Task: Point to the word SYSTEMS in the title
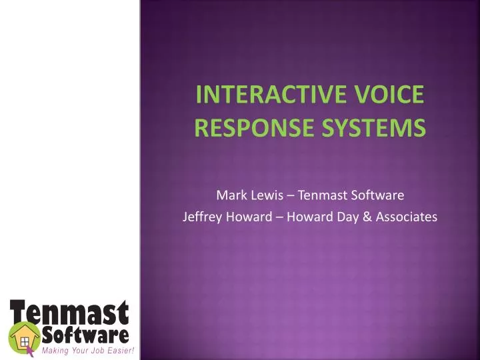click(x=376, y=126)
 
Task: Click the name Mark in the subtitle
click(x=229, y=195)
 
